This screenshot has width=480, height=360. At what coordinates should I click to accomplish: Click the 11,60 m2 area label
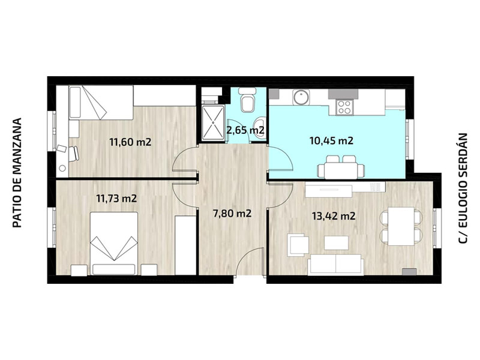(x=131, y=142)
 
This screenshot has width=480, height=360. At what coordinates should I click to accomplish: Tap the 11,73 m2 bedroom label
(x=116, y=199)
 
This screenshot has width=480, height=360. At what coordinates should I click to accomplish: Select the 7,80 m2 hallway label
(x=232, y=213)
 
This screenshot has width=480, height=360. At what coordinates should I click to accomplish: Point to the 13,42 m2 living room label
(x=334, y=216)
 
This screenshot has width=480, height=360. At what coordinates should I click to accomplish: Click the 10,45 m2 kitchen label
(x=332, y=141)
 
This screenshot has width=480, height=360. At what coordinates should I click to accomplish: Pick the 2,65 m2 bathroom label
(x=245, y=130)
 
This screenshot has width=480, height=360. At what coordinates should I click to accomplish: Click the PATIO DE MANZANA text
(x=18, y=173)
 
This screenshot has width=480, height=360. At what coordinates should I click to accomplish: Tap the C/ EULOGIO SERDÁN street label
(x=463, y=188)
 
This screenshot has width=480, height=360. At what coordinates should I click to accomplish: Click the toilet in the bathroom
(x=247, y=100)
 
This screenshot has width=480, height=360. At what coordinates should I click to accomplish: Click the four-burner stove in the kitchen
(x=344, y=107)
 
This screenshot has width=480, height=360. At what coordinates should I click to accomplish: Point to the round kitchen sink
(x=301, y=97)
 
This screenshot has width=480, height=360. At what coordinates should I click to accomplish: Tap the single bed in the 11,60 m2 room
(x=101, y=103)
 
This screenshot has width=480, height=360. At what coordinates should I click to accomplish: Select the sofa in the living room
(x=336, y=265)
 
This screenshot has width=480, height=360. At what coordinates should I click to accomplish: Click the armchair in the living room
(x=298, y=244)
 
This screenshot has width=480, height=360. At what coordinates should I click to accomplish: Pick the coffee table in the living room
(x=337, y=242)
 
